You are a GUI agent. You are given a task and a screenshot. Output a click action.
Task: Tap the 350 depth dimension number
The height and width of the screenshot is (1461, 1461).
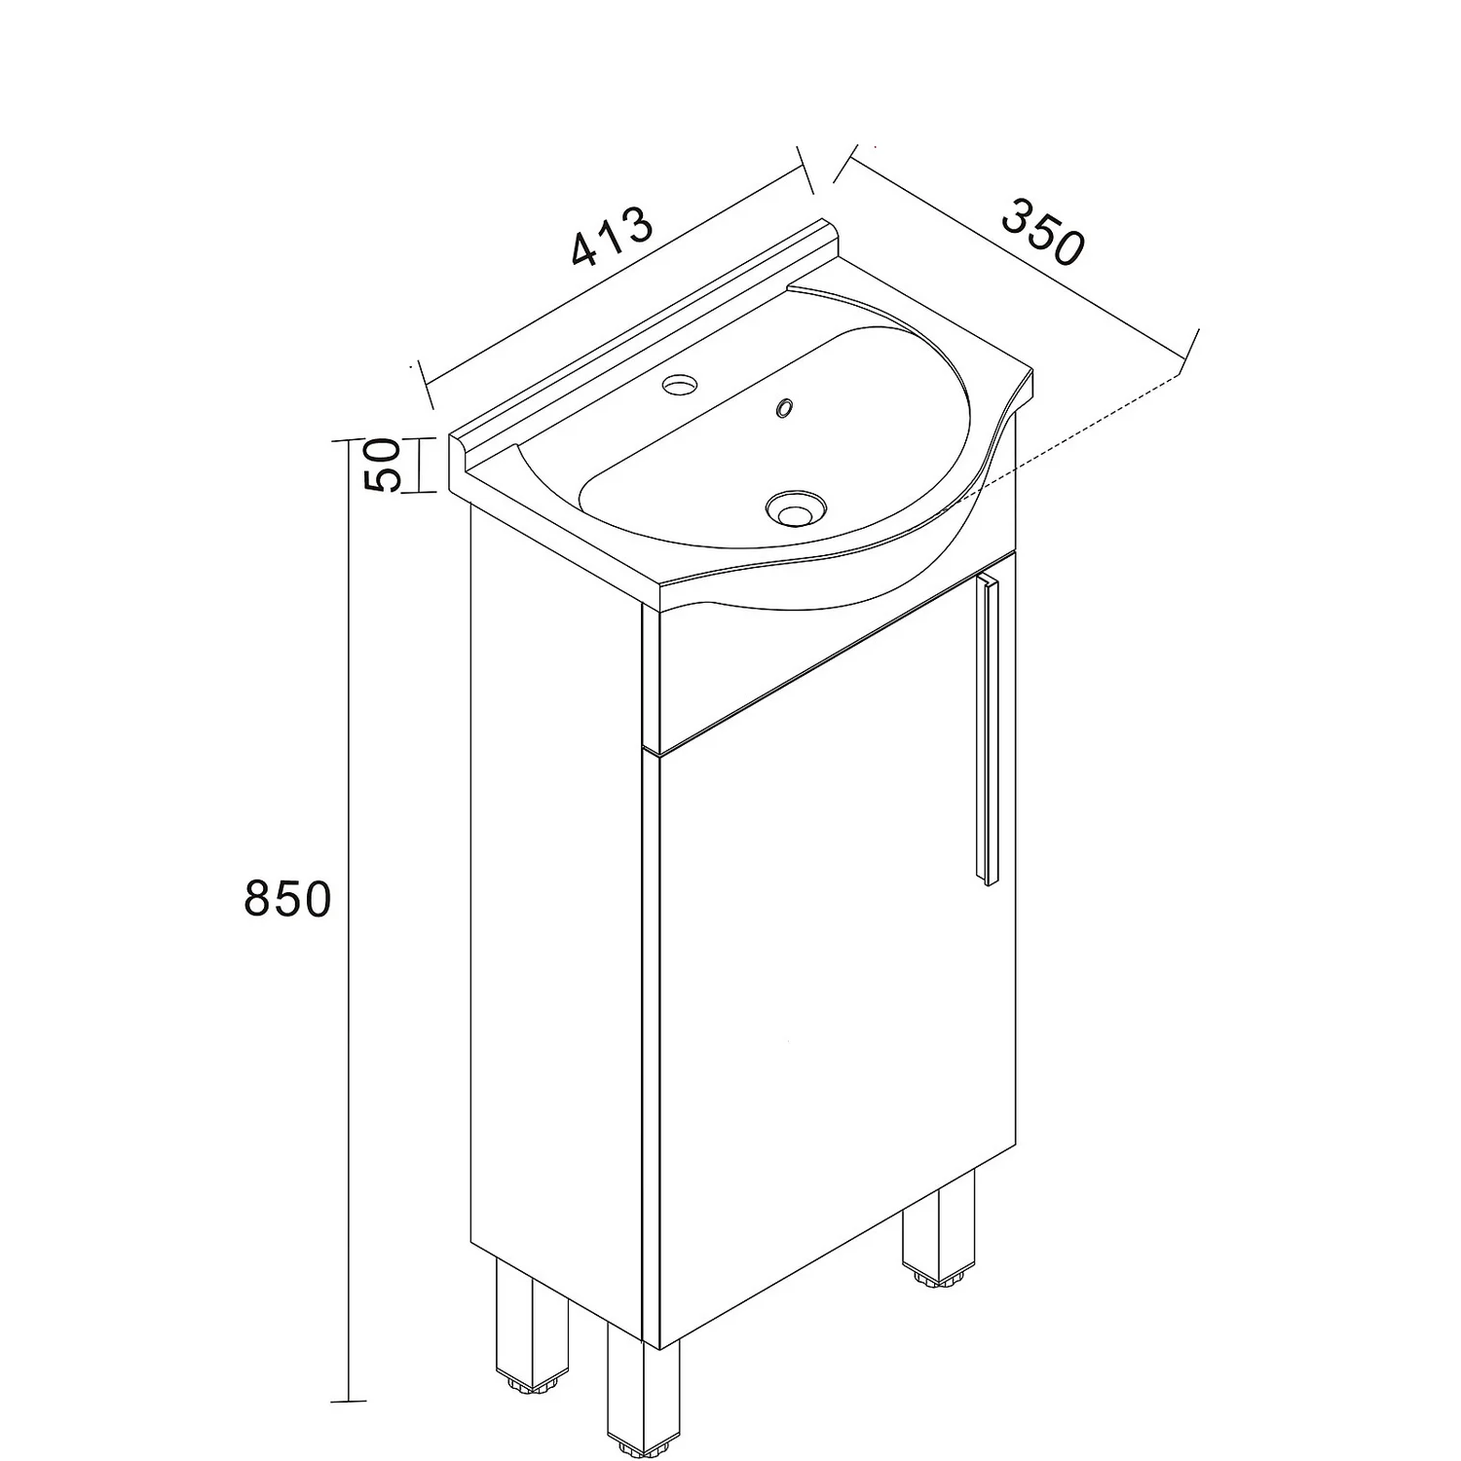(x=1042, y=232)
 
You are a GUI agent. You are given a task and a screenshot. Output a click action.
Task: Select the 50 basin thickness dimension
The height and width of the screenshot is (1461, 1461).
(x=383, y=466)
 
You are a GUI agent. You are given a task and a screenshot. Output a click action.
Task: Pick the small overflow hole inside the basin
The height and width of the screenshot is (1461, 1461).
(x=783, y=407)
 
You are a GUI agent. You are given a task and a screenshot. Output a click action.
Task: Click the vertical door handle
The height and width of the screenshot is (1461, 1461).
(x=989, y=730)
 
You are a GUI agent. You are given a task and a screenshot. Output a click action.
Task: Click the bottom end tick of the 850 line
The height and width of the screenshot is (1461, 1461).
(x=348, y=1402)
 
